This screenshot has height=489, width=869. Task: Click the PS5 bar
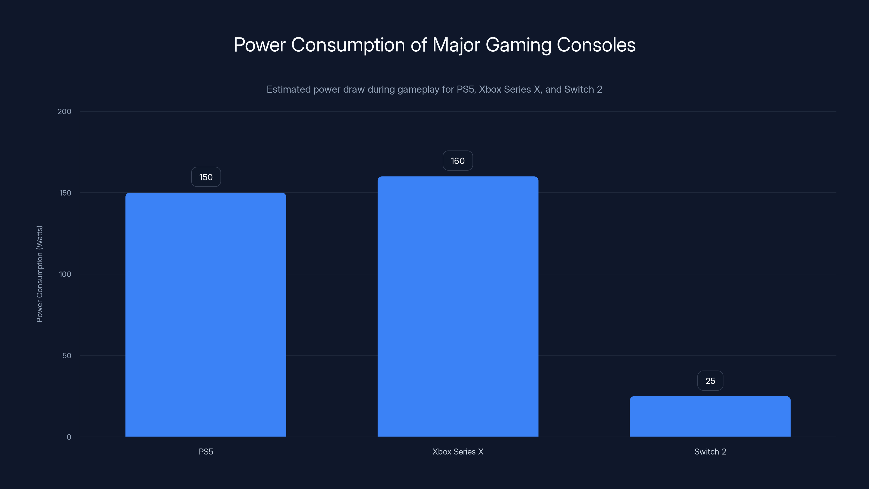click(206, 315)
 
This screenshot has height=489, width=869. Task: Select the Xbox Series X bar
click(458, 306)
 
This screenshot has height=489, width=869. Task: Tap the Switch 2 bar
click(710, 416)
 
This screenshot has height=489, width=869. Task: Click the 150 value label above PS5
click(206, 177)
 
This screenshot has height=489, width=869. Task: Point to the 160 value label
click(457, 161)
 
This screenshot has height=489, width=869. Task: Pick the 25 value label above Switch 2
click(710, 381)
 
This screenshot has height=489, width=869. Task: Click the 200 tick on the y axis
click(64, 112)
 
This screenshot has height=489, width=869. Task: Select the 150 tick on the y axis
click(65, 193)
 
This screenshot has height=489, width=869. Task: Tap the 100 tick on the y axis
click(65, 274)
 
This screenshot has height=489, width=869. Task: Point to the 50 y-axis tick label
click(67, 356)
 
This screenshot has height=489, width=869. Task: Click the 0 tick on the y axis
click(69, 437)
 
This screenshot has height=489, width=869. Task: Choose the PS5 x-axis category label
click(206, 452)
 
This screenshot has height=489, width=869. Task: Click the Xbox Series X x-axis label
click(458, 452)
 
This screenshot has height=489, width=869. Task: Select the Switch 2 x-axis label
click(710, 452)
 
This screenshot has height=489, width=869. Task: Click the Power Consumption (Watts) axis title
click(39, 274)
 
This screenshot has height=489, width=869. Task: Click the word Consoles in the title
click(596, 45)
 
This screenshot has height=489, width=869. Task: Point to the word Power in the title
click(259, 45)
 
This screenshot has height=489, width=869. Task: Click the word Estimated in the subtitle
click(288, 89)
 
